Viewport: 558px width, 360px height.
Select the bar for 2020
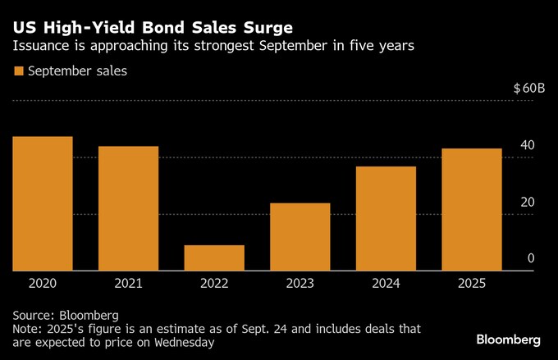tap(43, 203)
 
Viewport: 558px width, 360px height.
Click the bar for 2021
tap(128, 208)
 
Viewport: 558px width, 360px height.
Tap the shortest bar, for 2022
tap(214, 257)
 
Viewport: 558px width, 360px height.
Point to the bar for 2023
tap(300, 236)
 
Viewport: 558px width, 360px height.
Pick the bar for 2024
tap(386, 218)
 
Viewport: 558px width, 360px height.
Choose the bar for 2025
tap(472, 209)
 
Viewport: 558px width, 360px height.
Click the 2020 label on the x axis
tap(43, 284)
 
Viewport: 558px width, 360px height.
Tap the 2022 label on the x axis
tap(214, 284)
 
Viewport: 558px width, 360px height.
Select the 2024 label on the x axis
tap(386, 284)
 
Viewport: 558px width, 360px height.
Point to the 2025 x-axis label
tap(472, 284)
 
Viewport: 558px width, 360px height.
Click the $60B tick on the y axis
tap(529, 89)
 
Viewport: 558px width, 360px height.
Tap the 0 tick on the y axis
tap(531, 258)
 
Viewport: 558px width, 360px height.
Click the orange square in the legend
tap(18, 71)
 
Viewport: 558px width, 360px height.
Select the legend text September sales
tap(77, 71)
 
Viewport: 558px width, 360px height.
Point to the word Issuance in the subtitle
tap(42, 47)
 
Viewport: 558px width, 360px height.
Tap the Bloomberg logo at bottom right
tap(508, 339)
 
